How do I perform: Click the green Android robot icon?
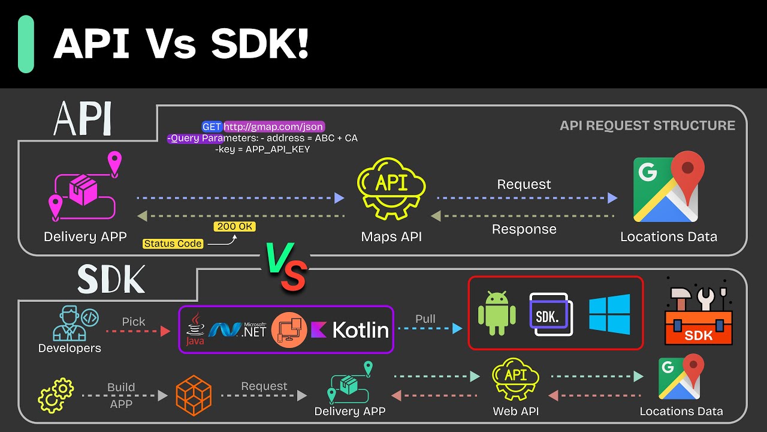pyautogui.click(x=497, y=313)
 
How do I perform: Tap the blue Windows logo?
pyautogui.click(x=609, y=314)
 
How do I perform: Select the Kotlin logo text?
pyautogui.click(x=352, y=329)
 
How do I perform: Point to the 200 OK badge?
pyautogui.click(x=234, y=227)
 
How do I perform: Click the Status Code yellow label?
pyautogui.click(x=173, y=244)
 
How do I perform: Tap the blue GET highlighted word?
pyautogui.click(x=212, y=127)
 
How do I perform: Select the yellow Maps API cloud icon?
pyautogui.click(x=391, y=187)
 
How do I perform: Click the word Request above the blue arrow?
pyautogui.click(x=524, y=184)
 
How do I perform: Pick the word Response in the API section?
pyautogui.click(x=524, y=229)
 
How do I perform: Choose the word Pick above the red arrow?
pyautogui.click(x=133, y=322)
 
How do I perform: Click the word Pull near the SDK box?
pyautogui.click(x=425, y=319)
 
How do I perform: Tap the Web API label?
pyautogui.click(x=516, y=411)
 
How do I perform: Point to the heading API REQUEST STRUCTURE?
pyautogui.click(x=647, y=125)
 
